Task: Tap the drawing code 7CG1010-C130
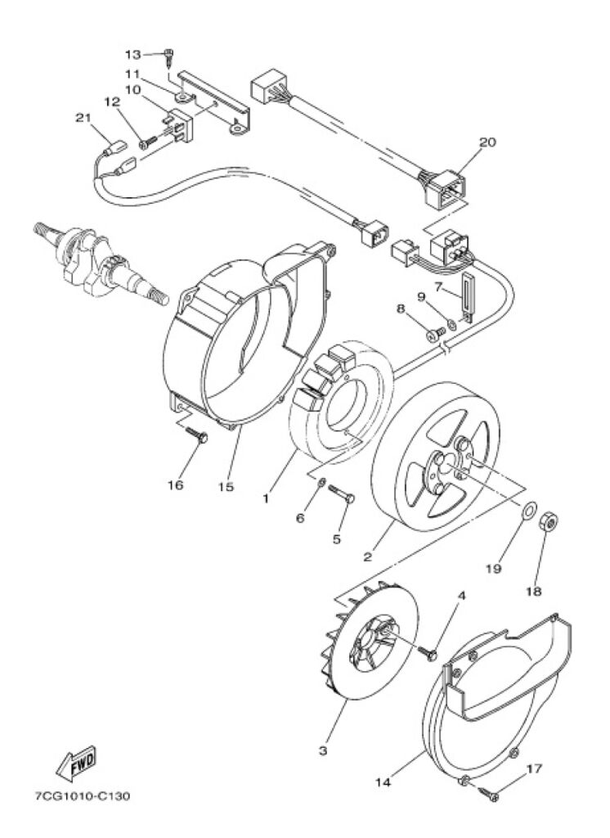(x=82, y=796)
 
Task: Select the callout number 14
(x=383, y=783)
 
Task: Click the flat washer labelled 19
(x=527, y=510)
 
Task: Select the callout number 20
(x=487, y=142)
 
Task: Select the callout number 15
(x=226, y=487)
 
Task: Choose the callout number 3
(x=323, y=750)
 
